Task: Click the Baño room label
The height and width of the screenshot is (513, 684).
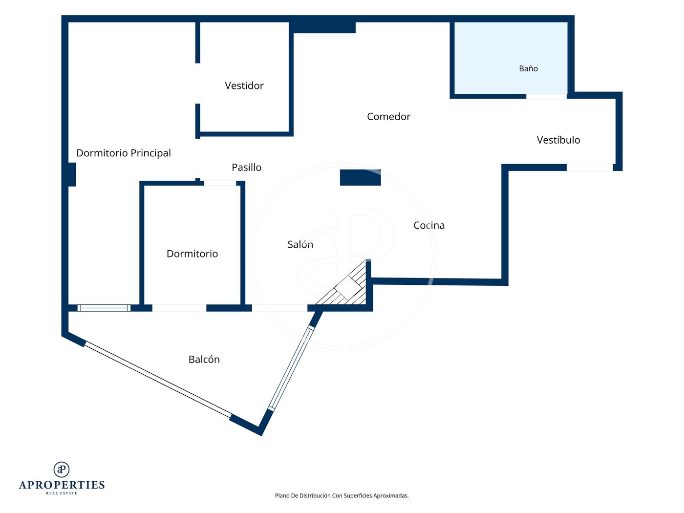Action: tap(528, 68)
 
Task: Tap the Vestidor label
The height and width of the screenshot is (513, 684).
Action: tap(244, 85)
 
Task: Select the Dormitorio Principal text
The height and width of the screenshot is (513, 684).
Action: tap(124, 153)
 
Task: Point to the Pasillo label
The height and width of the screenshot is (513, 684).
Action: tap(247, 167)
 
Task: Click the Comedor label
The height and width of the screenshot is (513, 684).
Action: tap(388, 116)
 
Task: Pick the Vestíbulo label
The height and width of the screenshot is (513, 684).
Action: tap(558, 140)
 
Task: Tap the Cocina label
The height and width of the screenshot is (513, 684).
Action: tap(429, 225)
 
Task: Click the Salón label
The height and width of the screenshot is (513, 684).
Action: tap(300, 244)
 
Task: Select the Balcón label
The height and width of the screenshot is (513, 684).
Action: tap(204, 360)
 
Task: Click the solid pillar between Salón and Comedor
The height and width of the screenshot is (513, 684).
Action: tap(360, 177)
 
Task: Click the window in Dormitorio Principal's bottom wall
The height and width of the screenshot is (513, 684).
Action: tap(104, 308)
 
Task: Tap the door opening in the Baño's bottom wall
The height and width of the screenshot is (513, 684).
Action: tap(546, 96)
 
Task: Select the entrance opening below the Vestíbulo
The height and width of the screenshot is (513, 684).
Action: tap(590, 168)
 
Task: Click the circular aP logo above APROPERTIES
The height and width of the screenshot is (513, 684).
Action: tap(62, 470)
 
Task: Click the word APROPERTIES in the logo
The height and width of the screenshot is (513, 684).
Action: tap(62, 485)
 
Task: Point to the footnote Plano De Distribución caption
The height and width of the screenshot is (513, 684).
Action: tap(342, 495)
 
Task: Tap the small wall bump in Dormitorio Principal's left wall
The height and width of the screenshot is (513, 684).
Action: tap(72, 174)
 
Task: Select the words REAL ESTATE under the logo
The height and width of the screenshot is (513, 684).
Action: tap(62, 493)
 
